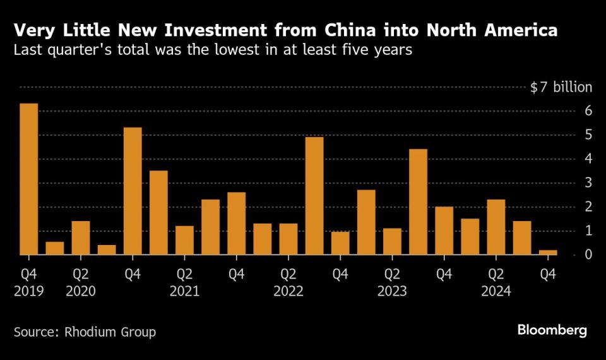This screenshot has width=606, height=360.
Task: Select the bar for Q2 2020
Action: [x=81, y=238]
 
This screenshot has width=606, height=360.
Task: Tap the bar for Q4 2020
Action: [x=133, y=191]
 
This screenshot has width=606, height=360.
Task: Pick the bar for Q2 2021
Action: [x=184, y=241]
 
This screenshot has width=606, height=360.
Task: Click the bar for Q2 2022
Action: [x=288, y=239]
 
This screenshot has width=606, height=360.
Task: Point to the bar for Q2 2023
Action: [x=392, y=241]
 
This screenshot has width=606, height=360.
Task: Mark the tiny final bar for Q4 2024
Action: [x=548, y=252]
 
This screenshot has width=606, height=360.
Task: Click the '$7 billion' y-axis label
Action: [x=561, y=87]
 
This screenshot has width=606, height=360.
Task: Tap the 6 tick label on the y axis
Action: [x=588, y=111]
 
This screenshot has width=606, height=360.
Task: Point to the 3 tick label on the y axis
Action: [x=588, y=183]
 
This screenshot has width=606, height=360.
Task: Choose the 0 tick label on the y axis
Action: [x=588, y=255]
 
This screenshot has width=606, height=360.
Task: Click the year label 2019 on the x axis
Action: [x=29, y=292]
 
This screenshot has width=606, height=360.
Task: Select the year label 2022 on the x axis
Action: [x=288, y=292]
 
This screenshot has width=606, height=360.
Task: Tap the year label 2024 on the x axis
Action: [x=496, y=292]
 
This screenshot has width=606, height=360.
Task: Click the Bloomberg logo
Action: [x=552, y=330]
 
